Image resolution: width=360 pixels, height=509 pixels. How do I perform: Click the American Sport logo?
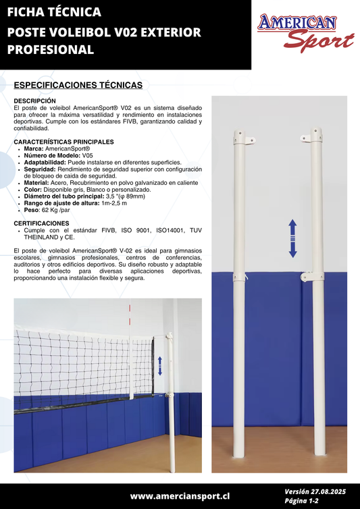[x=306, y=33]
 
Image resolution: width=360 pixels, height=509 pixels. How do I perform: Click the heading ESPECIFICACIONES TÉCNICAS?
[x=78, y=85]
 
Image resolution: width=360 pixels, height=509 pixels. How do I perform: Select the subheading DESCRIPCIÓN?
[x=34, y=100]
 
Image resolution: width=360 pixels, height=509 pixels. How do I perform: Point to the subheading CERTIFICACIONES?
[x=41, y=222]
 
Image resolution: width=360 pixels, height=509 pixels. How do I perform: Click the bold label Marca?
[x=34, y=148]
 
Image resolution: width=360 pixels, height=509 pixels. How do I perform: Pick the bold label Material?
[x=37, y=183]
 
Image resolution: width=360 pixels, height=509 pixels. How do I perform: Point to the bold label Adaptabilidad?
[x=45, y=162]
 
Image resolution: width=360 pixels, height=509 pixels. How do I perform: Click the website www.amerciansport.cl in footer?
[x=180, y=496]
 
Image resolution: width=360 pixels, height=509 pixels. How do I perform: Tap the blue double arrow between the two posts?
[x=292, y=238]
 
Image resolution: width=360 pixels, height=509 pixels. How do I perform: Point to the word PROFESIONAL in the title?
[x=51, y=50]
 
